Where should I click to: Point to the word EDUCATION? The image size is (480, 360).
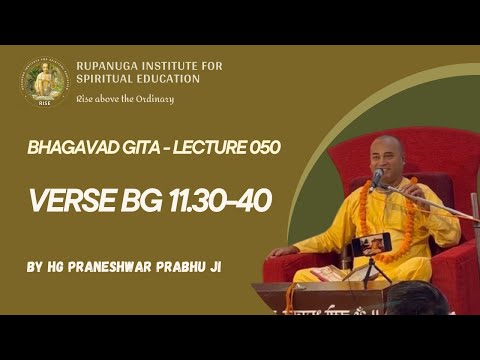(x=165, y=79)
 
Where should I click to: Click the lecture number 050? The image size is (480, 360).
(x=258, y=147)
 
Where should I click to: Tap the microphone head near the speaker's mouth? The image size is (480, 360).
(x=377, y=177)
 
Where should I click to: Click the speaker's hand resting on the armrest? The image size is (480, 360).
(x=283, y=251)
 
